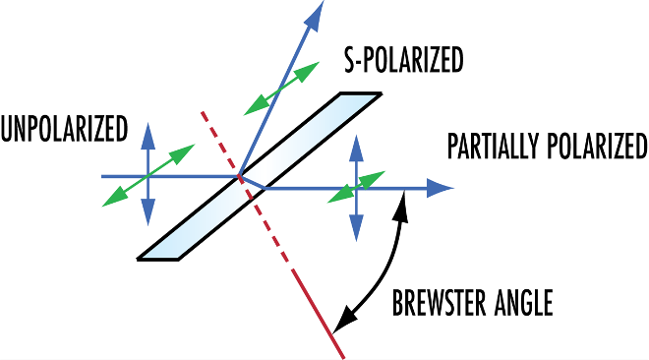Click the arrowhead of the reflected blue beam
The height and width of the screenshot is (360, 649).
point(317,12)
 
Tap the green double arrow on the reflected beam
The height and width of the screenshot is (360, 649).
point(281,87)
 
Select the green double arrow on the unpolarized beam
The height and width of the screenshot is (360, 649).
point(147,176)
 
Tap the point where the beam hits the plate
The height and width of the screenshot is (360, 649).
point(239,177)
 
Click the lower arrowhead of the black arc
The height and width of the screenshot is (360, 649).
point(339,325)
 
